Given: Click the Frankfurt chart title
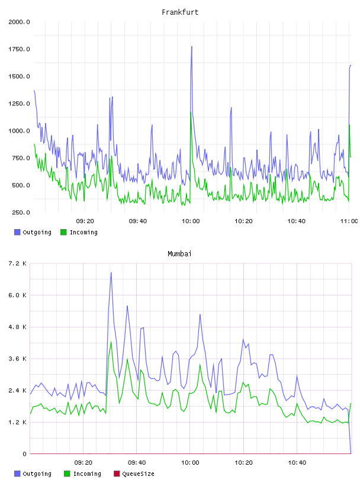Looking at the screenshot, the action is [180, 12].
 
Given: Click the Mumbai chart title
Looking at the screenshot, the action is [179, 254].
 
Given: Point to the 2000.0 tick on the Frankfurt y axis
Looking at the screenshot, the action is [19, 22].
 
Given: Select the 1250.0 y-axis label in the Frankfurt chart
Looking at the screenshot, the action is [19, 104].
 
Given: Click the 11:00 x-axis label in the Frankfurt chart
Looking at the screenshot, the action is [349, 221].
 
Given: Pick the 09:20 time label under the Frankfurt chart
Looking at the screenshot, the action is [85, 221].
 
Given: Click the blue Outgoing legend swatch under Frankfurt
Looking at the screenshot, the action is [17, 232].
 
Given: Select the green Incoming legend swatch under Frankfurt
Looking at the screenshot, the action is [63, 232].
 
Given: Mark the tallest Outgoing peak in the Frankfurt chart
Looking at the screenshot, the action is [192, 47].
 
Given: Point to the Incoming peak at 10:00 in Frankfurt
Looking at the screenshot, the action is [191, 112].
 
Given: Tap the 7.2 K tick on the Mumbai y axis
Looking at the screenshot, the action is [18, 263].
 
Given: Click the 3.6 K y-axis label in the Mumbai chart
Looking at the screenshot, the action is [18, 359].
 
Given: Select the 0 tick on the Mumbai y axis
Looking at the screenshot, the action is [24, 454].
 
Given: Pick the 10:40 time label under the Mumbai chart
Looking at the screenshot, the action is [297, 463].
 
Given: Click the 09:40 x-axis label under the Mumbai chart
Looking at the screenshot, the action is [137, 463].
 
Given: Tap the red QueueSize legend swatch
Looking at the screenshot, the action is [117, 474].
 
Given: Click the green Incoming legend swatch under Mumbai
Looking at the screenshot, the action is [67, 474].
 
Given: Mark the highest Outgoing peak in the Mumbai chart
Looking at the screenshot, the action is [111, 273].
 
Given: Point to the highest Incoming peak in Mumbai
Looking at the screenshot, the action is [111, 342].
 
